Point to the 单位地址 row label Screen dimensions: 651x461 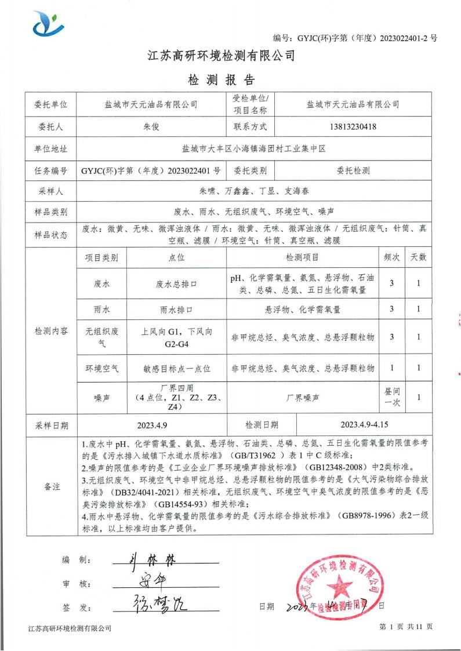(52, 148)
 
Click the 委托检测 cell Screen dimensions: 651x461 (353, 170)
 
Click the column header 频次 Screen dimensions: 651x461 (391, 257)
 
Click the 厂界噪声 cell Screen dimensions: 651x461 (302, 398)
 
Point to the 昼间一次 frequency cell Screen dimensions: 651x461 (391, 398)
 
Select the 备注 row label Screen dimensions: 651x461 (52, 486)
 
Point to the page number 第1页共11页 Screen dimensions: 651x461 (405, 627)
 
